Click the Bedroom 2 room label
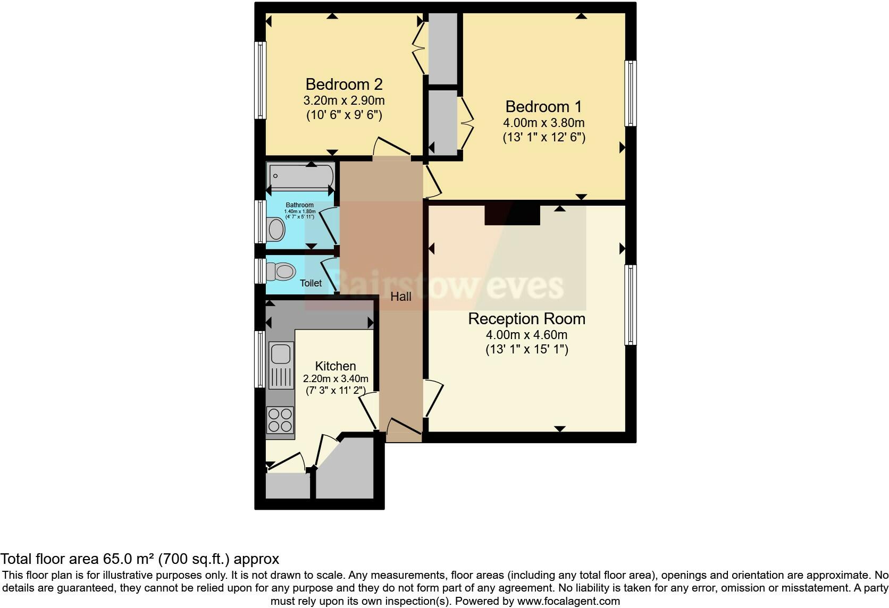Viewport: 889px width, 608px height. tap(344, 84)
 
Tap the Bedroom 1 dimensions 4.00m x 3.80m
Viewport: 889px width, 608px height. tap(543, 123)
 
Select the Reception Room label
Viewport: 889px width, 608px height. tap(526, 319)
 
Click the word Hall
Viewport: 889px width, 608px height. tap(401, 297)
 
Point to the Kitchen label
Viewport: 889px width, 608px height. tap(336, 366)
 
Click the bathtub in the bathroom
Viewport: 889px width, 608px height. tap(301, 175)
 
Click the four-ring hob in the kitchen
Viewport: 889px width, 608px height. tap(280, 419)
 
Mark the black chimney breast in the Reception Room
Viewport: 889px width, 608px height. tap(512, 214)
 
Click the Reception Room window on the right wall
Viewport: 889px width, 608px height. tap(630, 305)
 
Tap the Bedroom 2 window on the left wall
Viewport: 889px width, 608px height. tap(261, 80)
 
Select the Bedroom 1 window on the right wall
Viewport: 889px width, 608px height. tap(630, 94)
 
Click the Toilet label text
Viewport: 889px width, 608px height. tap(311, 283)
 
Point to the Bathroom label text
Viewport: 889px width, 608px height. tap(300, 205)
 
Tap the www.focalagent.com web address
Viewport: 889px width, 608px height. tap(568, 601)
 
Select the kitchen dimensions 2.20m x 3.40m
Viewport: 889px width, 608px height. tap(336, 379)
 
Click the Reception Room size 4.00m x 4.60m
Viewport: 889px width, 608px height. tap(526, 335)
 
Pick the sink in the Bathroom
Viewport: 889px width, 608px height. tap(276, 230)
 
